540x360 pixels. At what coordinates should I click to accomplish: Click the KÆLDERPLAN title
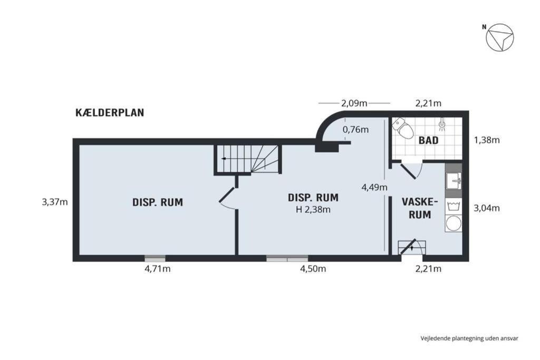point(110,113)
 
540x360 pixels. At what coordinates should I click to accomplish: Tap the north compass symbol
point(499,37)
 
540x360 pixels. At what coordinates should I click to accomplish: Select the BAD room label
point(428,140)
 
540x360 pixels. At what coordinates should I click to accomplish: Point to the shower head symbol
point(442,124)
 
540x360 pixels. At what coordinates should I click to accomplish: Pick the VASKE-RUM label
point(420,208)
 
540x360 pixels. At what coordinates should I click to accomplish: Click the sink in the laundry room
point(454,180)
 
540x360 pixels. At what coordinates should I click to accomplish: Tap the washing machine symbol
point(454,207)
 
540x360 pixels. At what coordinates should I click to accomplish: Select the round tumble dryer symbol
point(454,223)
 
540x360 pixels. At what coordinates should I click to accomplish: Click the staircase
point(247,159)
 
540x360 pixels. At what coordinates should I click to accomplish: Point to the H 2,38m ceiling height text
point(313,209)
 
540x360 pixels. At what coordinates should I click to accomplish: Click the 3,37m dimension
point(55,202)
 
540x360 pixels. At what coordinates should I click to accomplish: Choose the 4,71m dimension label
point(157,269)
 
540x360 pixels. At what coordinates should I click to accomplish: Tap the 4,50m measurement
point(313,269)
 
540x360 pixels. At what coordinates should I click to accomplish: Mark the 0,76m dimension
point(355,130)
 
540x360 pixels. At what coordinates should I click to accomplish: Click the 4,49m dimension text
point(374,188)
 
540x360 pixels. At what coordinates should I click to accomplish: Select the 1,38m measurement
point(487,140)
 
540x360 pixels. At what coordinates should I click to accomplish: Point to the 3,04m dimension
point(487,208)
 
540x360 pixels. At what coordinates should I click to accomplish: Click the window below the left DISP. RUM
point(155,258)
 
